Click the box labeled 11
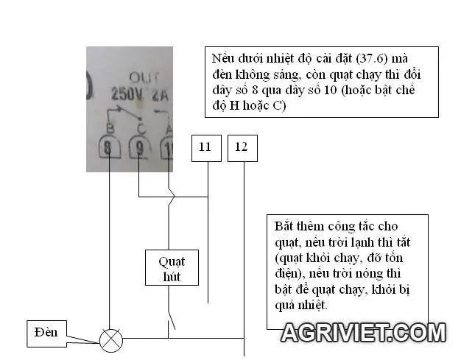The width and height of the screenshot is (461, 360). pyautogui.click(x=205, y=148)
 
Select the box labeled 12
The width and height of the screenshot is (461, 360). pyautogui.click(x=242, y=148)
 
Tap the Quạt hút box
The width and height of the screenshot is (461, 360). pyautogui.click(x=171, y=269)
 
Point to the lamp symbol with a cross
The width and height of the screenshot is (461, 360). pyautogui.click(x=111, y=339)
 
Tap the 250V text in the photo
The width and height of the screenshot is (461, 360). pyautogui.click(x=125, y=94)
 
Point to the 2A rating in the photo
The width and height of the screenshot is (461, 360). pyautogui.click(x=160, y=94)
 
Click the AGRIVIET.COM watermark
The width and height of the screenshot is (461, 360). pyautogui.click(x=363, y=333)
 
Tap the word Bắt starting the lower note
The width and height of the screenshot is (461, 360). pyautogui.click(x=285, y=226)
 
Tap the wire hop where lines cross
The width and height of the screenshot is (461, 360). pyautogui.click(x=170, y=197)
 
